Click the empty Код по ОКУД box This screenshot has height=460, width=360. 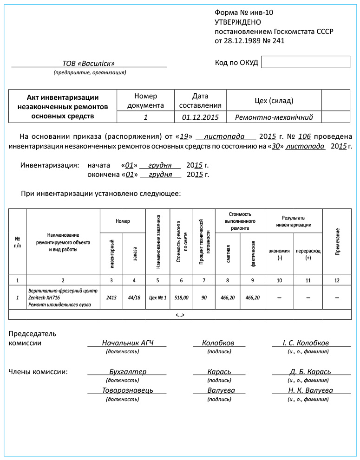point(305,62)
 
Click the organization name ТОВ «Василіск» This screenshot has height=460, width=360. point(88,64)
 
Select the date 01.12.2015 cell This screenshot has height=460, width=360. point(200,117)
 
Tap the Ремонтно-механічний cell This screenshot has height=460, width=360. point(274,117)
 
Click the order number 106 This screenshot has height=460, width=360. point(304,137)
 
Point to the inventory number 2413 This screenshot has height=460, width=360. point(111,298)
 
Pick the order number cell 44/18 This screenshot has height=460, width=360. point(134,298)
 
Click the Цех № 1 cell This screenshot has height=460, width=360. point(158,298)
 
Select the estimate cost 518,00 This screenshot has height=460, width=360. point(182,298)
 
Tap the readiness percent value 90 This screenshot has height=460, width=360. point(204,298)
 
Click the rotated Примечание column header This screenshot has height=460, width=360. point(337,241)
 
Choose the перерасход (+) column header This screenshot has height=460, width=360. point(308,254)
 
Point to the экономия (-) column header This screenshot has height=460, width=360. point(279,254)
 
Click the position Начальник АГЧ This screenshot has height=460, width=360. point(127,343)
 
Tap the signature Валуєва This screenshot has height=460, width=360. point(221,390)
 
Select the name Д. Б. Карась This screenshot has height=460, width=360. point(310,372)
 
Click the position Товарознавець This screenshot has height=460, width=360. point(127,390)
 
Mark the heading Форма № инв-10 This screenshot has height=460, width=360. point(244,13)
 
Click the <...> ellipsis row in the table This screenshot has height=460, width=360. point(180,315)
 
